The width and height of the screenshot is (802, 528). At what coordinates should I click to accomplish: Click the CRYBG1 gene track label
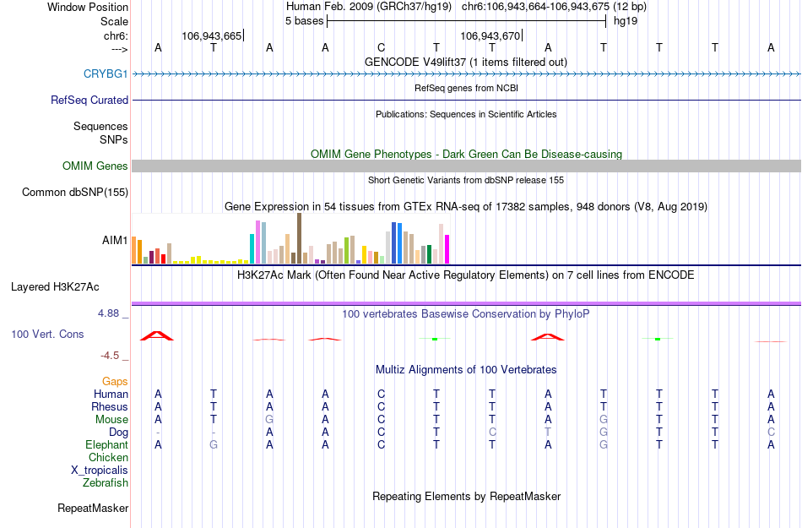[106, 74]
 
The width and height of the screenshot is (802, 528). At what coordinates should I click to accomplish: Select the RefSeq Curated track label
[89, 101]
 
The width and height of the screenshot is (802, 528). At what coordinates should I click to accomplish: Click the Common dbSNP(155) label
[74, 193]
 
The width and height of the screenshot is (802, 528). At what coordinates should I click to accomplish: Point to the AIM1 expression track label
[115, 241]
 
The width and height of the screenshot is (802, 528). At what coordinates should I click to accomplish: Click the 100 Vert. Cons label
[47, 335]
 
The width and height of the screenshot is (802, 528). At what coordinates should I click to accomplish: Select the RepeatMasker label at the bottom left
[93, 509]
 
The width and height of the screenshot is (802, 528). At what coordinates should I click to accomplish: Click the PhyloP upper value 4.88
[112, 313]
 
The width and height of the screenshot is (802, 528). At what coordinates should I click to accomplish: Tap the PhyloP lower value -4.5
[115, 356]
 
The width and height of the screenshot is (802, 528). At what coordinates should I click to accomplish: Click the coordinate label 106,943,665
[211, 35]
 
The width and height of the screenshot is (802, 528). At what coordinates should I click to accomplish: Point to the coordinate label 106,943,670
[490, 35]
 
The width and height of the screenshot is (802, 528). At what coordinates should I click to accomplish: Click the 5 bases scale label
[304, 21]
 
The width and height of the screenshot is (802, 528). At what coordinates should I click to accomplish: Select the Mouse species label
[111, 420]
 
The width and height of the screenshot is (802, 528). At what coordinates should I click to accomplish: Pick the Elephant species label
[107, 445]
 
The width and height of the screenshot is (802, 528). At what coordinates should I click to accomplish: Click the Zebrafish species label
[106, 483]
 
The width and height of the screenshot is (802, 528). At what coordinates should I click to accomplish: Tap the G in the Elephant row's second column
[214, 445]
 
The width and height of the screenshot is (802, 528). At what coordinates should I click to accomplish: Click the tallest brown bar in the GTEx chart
[299, 238]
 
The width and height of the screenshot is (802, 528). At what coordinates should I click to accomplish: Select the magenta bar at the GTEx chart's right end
[447, 248]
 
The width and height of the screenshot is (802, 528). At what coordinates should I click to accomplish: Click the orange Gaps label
[115, 382]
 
